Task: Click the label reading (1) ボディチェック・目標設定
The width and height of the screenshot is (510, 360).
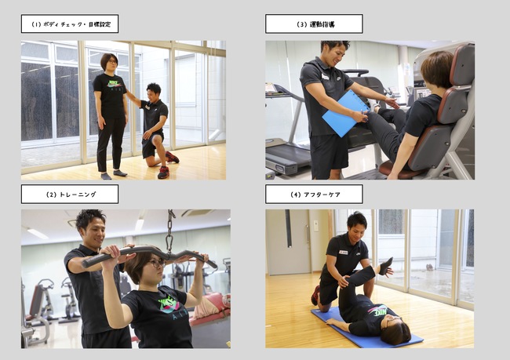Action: click(70, 24)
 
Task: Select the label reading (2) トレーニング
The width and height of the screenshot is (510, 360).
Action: click(70, 195)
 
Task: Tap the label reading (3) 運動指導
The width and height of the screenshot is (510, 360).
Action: click(314, 24)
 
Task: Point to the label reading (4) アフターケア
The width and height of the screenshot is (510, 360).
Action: click(314, 195)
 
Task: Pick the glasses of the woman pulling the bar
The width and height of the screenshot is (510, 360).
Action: click(158, 263)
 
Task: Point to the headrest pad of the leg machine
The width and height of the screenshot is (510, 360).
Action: click(462, 64)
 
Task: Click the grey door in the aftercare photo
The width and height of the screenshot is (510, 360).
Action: click(288, 242)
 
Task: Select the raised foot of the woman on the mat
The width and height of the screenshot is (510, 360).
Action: click(386, 266)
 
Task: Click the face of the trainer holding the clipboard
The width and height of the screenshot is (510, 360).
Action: click(337, 53)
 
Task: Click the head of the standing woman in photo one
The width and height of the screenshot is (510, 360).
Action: click(109, 62)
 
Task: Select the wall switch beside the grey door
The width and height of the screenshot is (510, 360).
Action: click(316, 225)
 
